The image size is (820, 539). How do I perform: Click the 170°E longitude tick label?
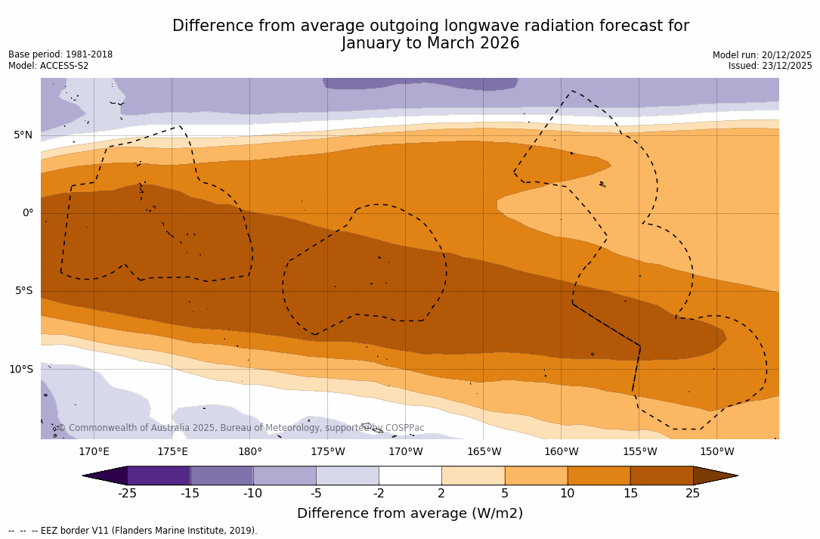click(x=94, y=452)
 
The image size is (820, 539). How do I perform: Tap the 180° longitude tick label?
click(x=250, y=452)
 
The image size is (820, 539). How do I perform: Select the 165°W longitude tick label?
click(x=484, y=452)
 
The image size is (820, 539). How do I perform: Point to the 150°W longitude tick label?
click(x=716, y=452)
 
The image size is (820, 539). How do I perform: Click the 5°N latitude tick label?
click(x=23, y=135)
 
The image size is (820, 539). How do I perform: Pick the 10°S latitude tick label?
click(x=21, y=370)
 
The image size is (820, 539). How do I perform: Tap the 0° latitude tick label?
click(x=28, y=213)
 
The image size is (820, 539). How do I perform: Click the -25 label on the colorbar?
click(x=127, y=494)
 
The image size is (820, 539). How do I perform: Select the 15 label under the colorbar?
click(x=630, y=494)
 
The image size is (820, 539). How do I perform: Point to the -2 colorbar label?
click(x=379, y=494)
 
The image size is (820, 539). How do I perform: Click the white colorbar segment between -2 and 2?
click(x=410, y=475)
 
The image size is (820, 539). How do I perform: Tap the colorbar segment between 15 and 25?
click(x=661, y=475)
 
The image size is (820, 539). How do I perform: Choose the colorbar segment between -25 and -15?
click(x=159, y=475)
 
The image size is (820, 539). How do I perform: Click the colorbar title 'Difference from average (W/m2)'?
click(x=410, y=514)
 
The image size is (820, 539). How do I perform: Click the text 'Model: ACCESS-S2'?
click(x=48, y=66)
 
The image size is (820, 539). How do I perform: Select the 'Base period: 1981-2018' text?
click(x=60, y=54)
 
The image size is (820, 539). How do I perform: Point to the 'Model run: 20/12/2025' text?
click(x=762, y=55)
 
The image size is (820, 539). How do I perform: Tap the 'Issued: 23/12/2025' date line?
click(x=770, y=66)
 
